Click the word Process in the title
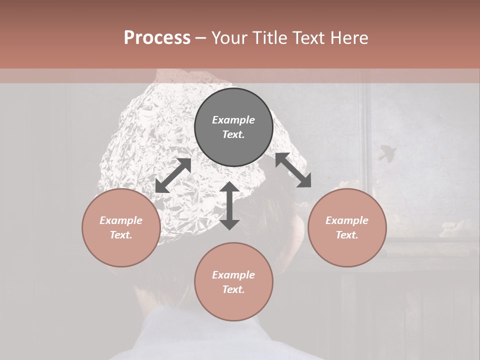pos(157,38)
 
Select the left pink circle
pos(121,227)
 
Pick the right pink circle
pos(347,227)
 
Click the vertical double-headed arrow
pos(229,205)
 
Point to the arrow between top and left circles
pos(173,175)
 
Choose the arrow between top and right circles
pos(293,170)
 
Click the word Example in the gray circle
pos(233,120)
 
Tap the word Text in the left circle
pos(121,235)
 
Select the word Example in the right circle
pos(347,220)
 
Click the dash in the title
pos(200,38)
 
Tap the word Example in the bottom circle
pos(233,275)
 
